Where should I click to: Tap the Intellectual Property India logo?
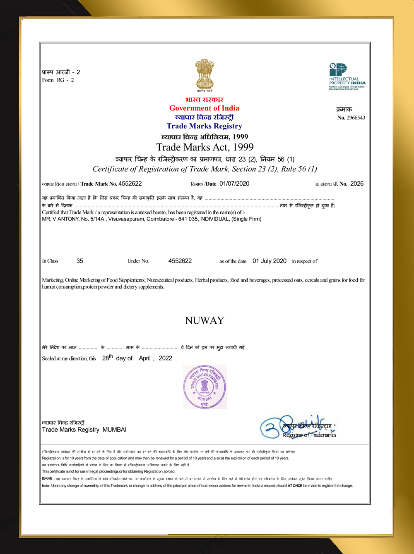(347, 76)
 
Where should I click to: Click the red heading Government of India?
(204, 108)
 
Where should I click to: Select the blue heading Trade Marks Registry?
(204, 126)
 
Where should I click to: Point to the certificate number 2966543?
(356, 118)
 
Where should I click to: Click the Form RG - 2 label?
(58, 80)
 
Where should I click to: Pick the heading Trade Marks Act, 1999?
(205, 147)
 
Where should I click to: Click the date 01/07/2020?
(234, 184)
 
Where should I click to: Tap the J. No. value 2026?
(357, 184)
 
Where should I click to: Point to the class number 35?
(80, 261)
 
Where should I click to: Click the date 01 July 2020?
(270, 261)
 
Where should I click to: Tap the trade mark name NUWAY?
(205, 320)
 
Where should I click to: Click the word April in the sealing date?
(145, 358)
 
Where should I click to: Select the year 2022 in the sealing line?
(166, 358)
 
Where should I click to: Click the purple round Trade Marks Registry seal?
(205, 387)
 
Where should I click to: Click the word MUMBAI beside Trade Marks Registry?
(114, 430)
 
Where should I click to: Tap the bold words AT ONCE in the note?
(295, 486)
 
